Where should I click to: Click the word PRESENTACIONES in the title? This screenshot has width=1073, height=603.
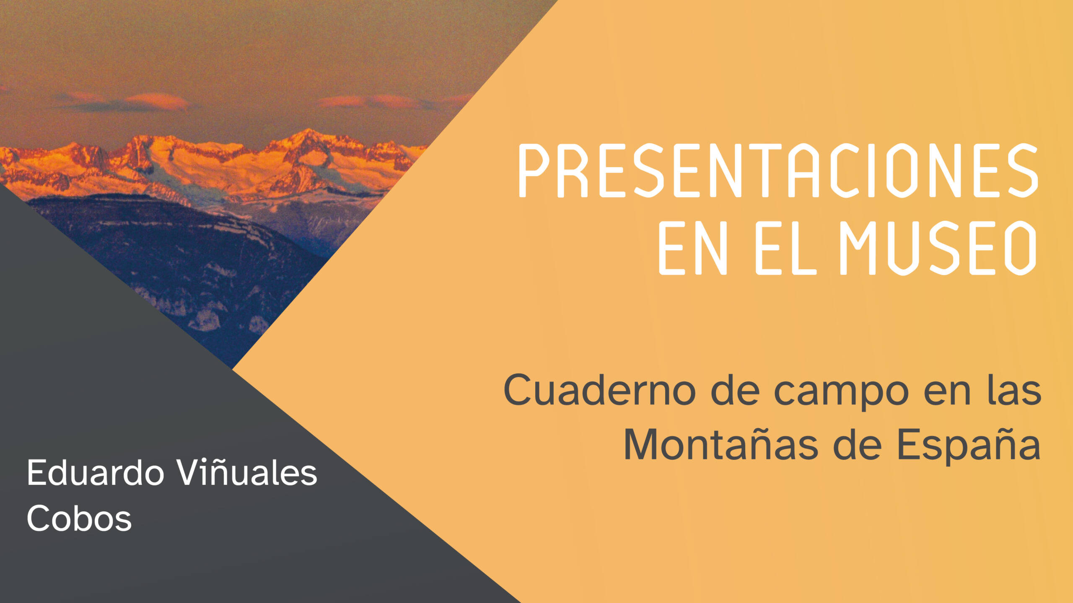[778, 170]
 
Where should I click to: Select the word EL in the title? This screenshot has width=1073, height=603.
[786, 248]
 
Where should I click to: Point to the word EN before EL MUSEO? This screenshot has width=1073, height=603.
[693, 248]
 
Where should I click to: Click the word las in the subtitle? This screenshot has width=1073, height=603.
[1014, 390]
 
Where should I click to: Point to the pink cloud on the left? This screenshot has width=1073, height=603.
[126, 102]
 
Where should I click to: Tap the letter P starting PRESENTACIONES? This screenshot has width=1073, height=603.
[534, 170]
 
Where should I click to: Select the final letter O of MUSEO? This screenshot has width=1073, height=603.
[1021, 248]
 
